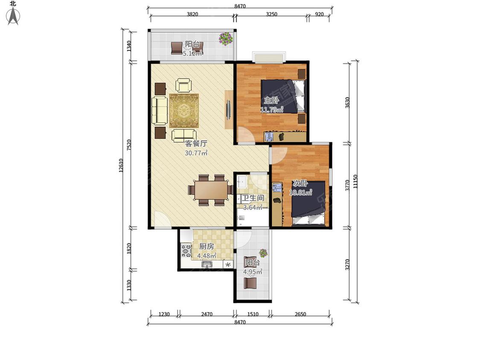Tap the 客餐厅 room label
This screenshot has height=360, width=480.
tap(196, 143)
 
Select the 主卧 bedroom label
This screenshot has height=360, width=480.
tap(271, 100)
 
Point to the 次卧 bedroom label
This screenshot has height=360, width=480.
tap(300, 183)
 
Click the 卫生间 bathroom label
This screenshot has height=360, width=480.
tap(253, 198)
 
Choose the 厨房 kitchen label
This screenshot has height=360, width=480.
tap(207, 246)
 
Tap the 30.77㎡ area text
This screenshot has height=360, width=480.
tap(196, 153)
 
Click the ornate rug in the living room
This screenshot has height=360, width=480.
tap(184, 110)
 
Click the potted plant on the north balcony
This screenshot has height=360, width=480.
tap(226, 38)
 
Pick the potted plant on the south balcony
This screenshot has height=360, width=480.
tap(263, 253)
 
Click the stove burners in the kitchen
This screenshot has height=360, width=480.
tap(186, 250)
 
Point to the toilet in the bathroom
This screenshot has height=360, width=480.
tap(241, 218)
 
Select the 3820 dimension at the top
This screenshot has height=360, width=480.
tap(192, 14)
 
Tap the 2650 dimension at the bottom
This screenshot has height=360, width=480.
tap(300, 314)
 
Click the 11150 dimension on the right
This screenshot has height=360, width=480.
tap(355, 181)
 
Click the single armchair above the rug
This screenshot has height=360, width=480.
tap(183, 85)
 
